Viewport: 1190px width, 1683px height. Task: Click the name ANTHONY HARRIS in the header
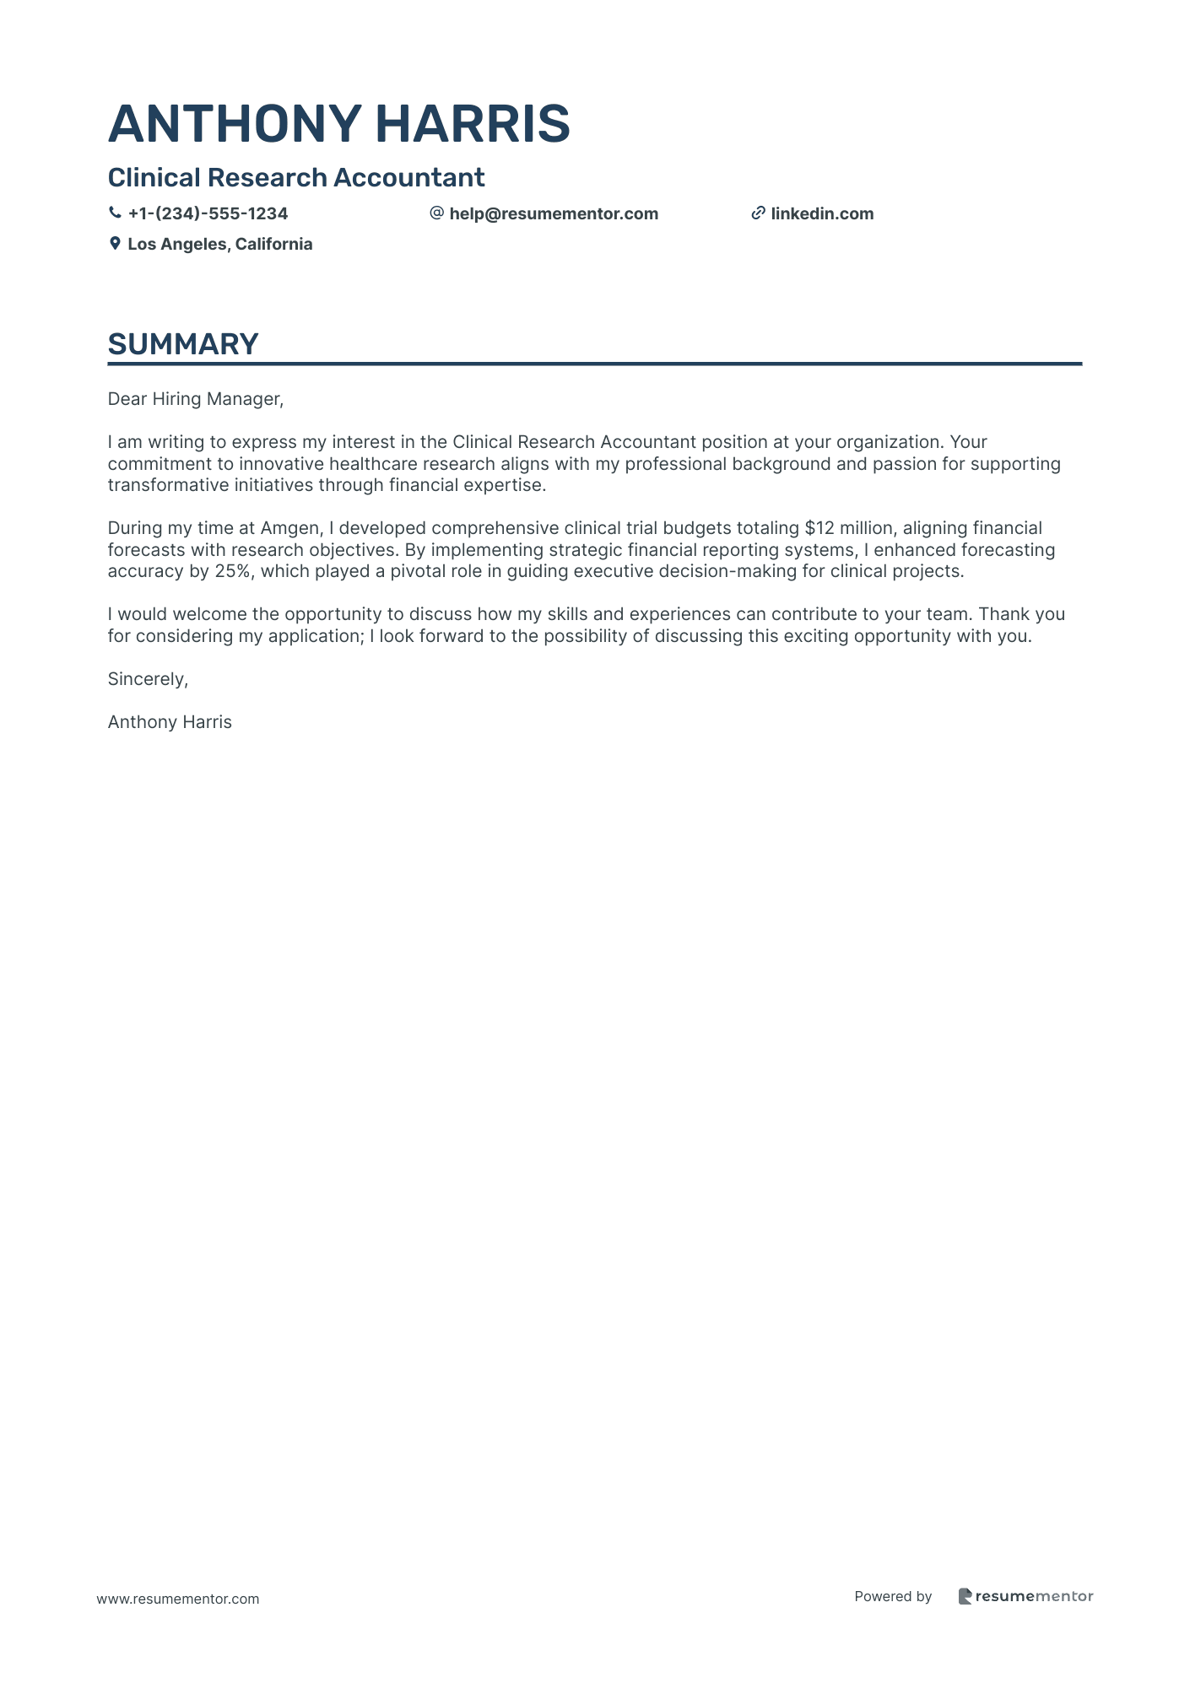coord(338,123)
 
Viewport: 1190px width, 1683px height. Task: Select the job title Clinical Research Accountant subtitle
coord(296,178)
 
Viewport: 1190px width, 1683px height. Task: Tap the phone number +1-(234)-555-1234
coord(208,213)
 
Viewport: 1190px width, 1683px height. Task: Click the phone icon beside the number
coord(115,213)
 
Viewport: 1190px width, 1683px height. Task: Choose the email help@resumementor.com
coord(554,213)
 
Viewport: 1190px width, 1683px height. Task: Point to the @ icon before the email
coord(436,213)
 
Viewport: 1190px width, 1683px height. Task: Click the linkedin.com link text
coord(822,213)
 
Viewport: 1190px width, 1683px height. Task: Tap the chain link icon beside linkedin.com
coord(758,213)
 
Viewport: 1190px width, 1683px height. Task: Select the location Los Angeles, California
coord(219,244)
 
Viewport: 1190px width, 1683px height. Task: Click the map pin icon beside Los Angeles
coord(115,244)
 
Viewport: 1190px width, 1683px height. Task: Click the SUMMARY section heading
coord(183,344)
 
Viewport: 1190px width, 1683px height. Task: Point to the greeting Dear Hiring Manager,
coord(196,399)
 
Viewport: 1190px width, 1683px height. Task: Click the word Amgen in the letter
coord(290,528)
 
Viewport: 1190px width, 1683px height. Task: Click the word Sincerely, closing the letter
coord(148,679)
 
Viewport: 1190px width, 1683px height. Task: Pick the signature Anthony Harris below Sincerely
coord(170,722)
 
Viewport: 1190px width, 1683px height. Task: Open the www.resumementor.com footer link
coord(178,1599)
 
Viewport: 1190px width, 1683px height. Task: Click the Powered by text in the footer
coord(893,1596)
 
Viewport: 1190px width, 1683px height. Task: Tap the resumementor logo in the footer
coord(1025,1596)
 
